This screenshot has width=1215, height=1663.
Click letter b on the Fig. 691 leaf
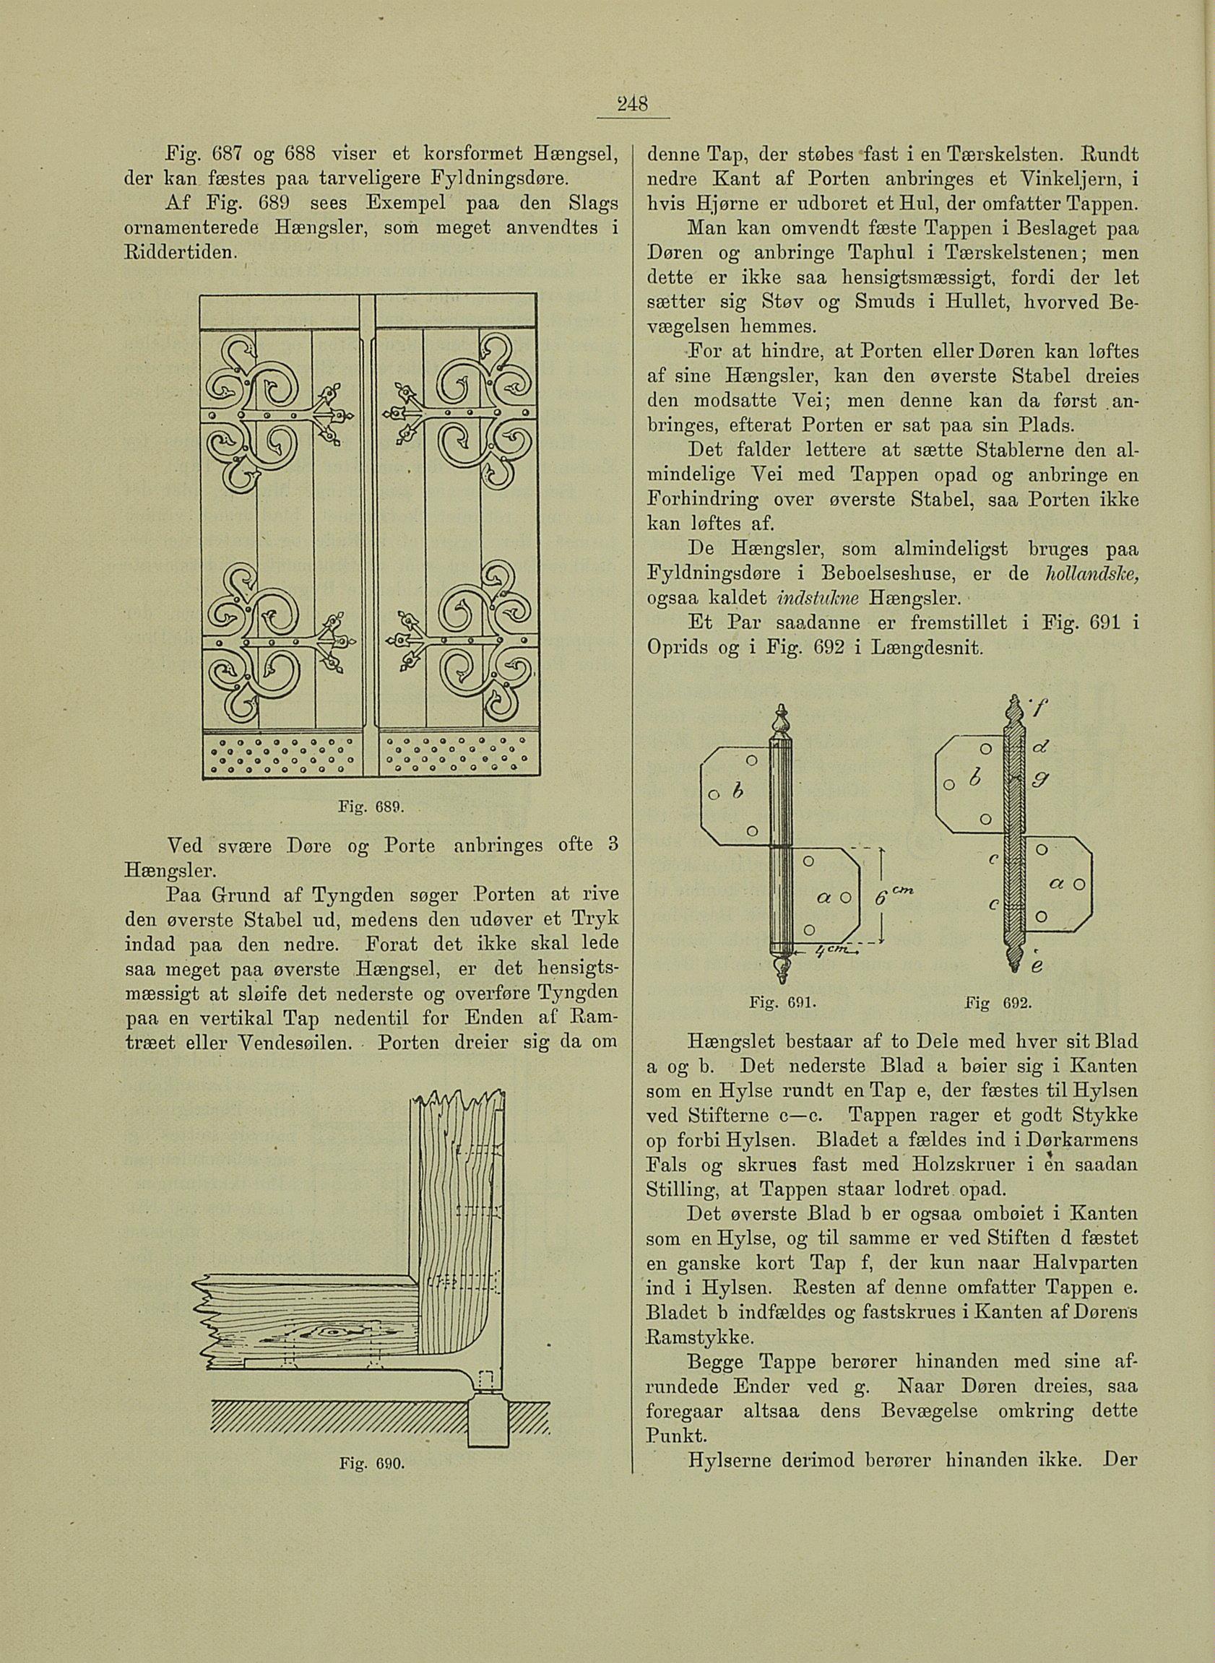point(739,789)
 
